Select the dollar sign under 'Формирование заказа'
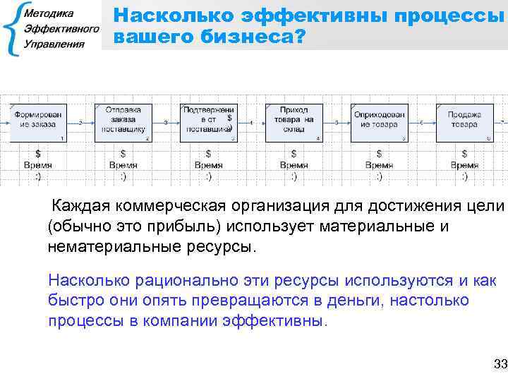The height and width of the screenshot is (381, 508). [38, 153]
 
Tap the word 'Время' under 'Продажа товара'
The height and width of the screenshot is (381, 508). [464, 165]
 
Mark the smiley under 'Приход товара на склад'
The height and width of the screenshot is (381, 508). [294, 176]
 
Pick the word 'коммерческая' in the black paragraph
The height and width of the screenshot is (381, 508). [181, 207]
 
